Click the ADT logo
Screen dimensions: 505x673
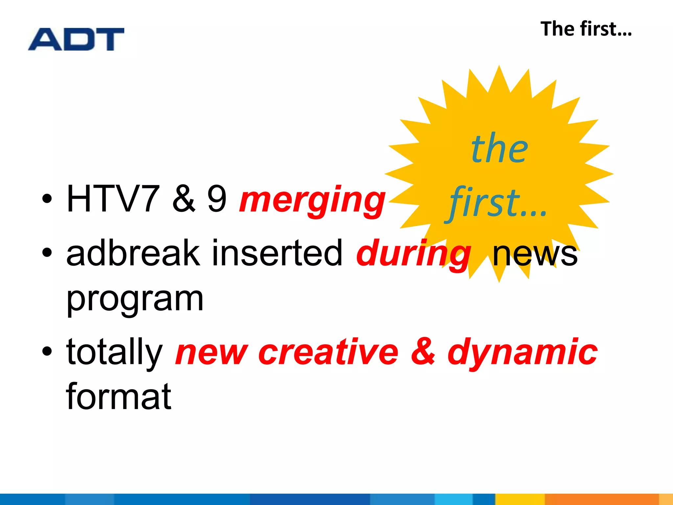pyautogui.click(x=76, y=39)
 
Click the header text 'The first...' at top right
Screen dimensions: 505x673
pyautogui.click(x=586, y=29)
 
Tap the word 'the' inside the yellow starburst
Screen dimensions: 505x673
pyautogui.click(x=499, y=149)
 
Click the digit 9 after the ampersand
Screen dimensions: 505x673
pyautogui.click(x=217, y=199)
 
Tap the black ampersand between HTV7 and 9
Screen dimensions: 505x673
pyautogui.click(x=183, y=199)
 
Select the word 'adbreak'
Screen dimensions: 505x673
pyautogui.click(x=133, y=253)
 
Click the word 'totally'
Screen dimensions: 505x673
pyautogui.click(x=114, y=352)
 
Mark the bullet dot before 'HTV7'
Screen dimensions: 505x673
pyautogui.click(x=47, y=199)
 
